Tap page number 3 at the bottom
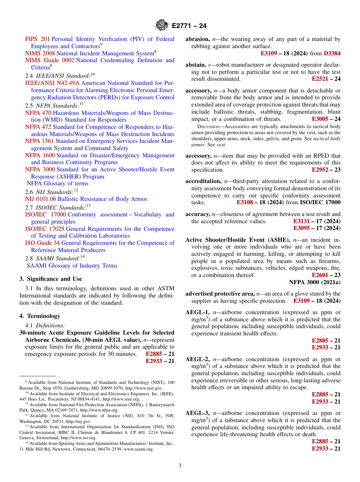180,466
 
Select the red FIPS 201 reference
37,39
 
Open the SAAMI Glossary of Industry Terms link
72,266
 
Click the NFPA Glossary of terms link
58,183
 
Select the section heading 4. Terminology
40,316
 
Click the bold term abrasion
197,39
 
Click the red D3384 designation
332,53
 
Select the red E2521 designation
320,79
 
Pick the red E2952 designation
320,170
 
